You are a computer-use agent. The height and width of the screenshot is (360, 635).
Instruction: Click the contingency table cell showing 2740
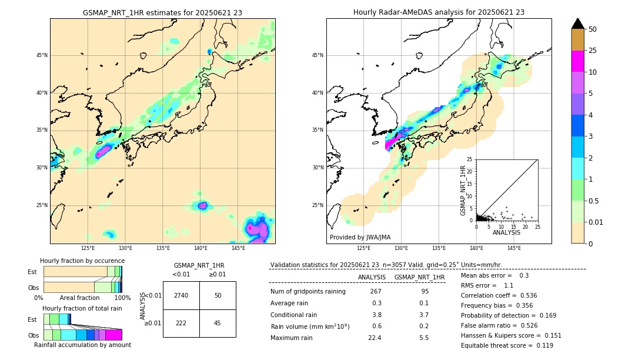[x=181, y=295]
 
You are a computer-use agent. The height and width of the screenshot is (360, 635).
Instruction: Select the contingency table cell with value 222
[x=181, y=323]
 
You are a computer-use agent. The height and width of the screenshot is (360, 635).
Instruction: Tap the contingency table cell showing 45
[x=218, y=323]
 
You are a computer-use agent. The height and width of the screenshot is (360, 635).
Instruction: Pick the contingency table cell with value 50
[x=218, y=295]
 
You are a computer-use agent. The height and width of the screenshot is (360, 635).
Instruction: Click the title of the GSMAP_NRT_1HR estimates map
[x=162, y=12]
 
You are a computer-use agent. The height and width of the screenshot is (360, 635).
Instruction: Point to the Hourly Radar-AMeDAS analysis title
[x=439, y=12]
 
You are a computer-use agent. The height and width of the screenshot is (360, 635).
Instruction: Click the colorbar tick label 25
[x=593, y=51]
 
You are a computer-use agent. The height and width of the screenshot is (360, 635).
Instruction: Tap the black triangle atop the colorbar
[x=578, y=24]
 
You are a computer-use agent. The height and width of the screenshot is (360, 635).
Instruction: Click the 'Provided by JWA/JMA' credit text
[x=360, y=237]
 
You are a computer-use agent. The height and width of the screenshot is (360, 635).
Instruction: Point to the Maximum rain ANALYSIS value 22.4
[x=375, y=338]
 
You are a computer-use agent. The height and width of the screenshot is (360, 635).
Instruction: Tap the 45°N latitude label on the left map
[x=42, y=55]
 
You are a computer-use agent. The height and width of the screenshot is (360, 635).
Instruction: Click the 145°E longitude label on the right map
[x=514, y=248]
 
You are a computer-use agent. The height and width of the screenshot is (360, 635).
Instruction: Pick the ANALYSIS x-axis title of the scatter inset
[x=506, y=233]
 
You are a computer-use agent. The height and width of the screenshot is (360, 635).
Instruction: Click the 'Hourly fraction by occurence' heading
[x=82, y=261]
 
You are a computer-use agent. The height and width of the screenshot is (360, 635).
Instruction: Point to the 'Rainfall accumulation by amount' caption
[x=82, y=345]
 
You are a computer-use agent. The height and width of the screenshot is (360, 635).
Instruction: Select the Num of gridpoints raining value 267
[x=376, y=291]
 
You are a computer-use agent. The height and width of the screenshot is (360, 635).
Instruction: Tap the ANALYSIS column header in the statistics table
[x=372, y=277]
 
